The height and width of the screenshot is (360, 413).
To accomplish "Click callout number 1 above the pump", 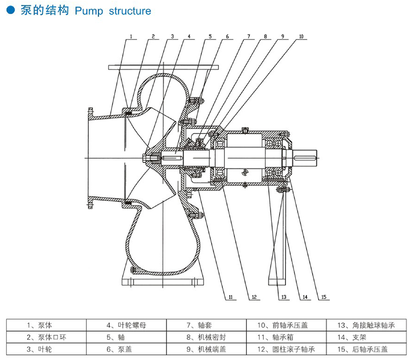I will (x=131, y=35).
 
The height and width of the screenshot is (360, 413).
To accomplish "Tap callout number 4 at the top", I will (x=189, y=35).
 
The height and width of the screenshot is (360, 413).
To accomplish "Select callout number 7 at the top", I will (x=248, y=35).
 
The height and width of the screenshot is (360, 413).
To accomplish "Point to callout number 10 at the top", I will (x=301, y=35).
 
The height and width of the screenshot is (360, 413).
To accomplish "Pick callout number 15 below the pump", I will (x=324, y=297).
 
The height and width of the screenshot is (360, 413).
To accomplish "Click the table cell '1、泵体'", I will (x=40, y=326).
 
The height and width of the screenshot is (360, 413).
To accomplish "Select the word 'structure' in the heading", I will (x=130, y=11).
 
